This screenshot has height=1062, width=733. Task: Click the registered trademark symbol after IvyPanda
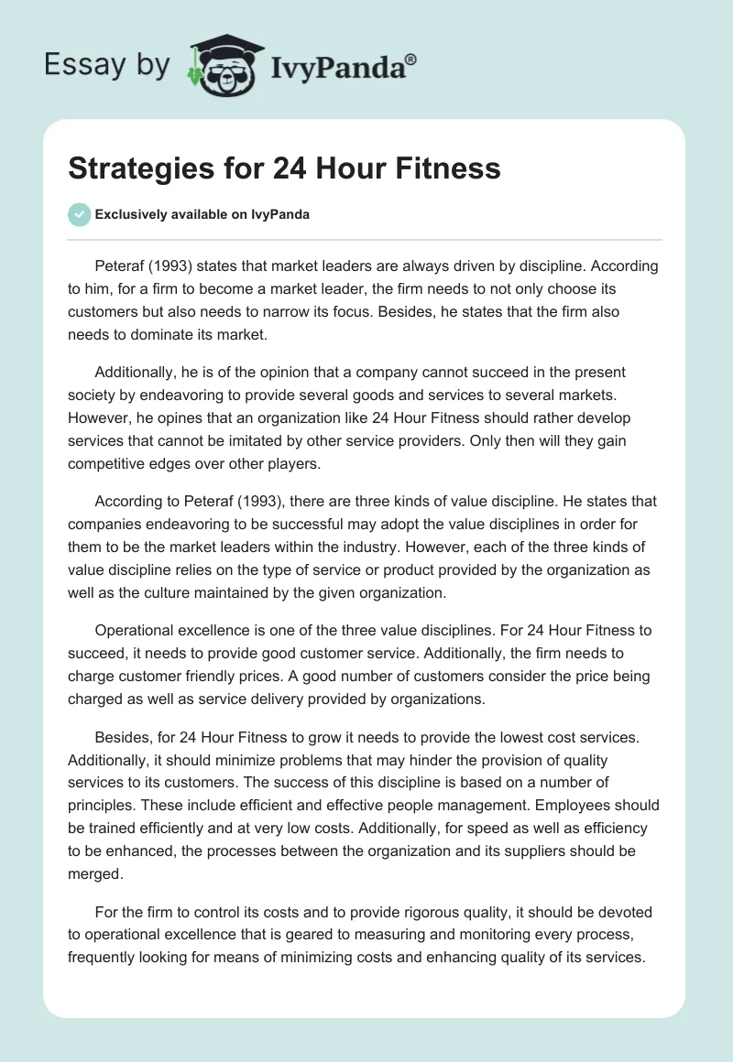(x=411, y=60)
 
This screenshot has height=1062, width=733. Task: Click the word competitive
(x=113, y=463)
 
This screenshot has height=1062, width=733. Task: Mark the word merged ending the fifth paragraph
(x=96, y=873)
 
